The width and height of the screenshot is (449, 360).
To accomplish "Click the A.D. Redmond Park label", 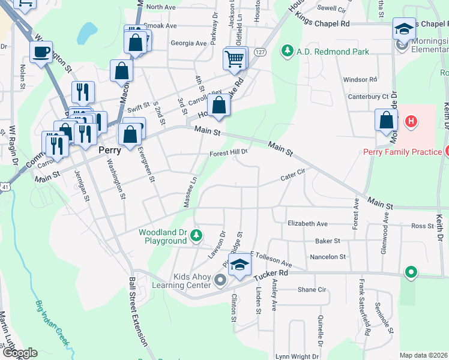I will point(332,52).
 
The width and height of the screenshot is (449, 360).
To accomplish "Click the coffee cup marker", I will point(41,52).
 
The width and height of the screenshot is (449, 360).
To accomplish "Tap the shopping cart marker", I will point(234,59).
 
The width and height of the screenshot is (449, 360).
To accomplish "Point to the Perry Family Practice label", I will point(402,152).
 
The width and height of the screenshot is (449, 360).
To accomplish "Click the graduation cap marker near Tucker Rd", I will point(240,265).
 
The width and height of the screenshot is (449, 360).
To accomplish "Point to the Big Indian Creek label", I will point(53,324).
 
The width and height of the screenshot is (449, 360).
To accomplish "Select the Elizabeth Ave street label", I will point(307,224).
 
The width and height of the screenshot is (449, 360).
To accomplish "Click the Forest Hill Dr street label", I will point(229,154).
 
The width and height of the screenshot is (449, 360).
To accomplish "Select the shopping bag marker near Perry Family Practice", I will point(385,119).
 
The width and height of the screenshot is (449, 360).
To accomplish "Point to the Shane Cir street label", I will point(312,290).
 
